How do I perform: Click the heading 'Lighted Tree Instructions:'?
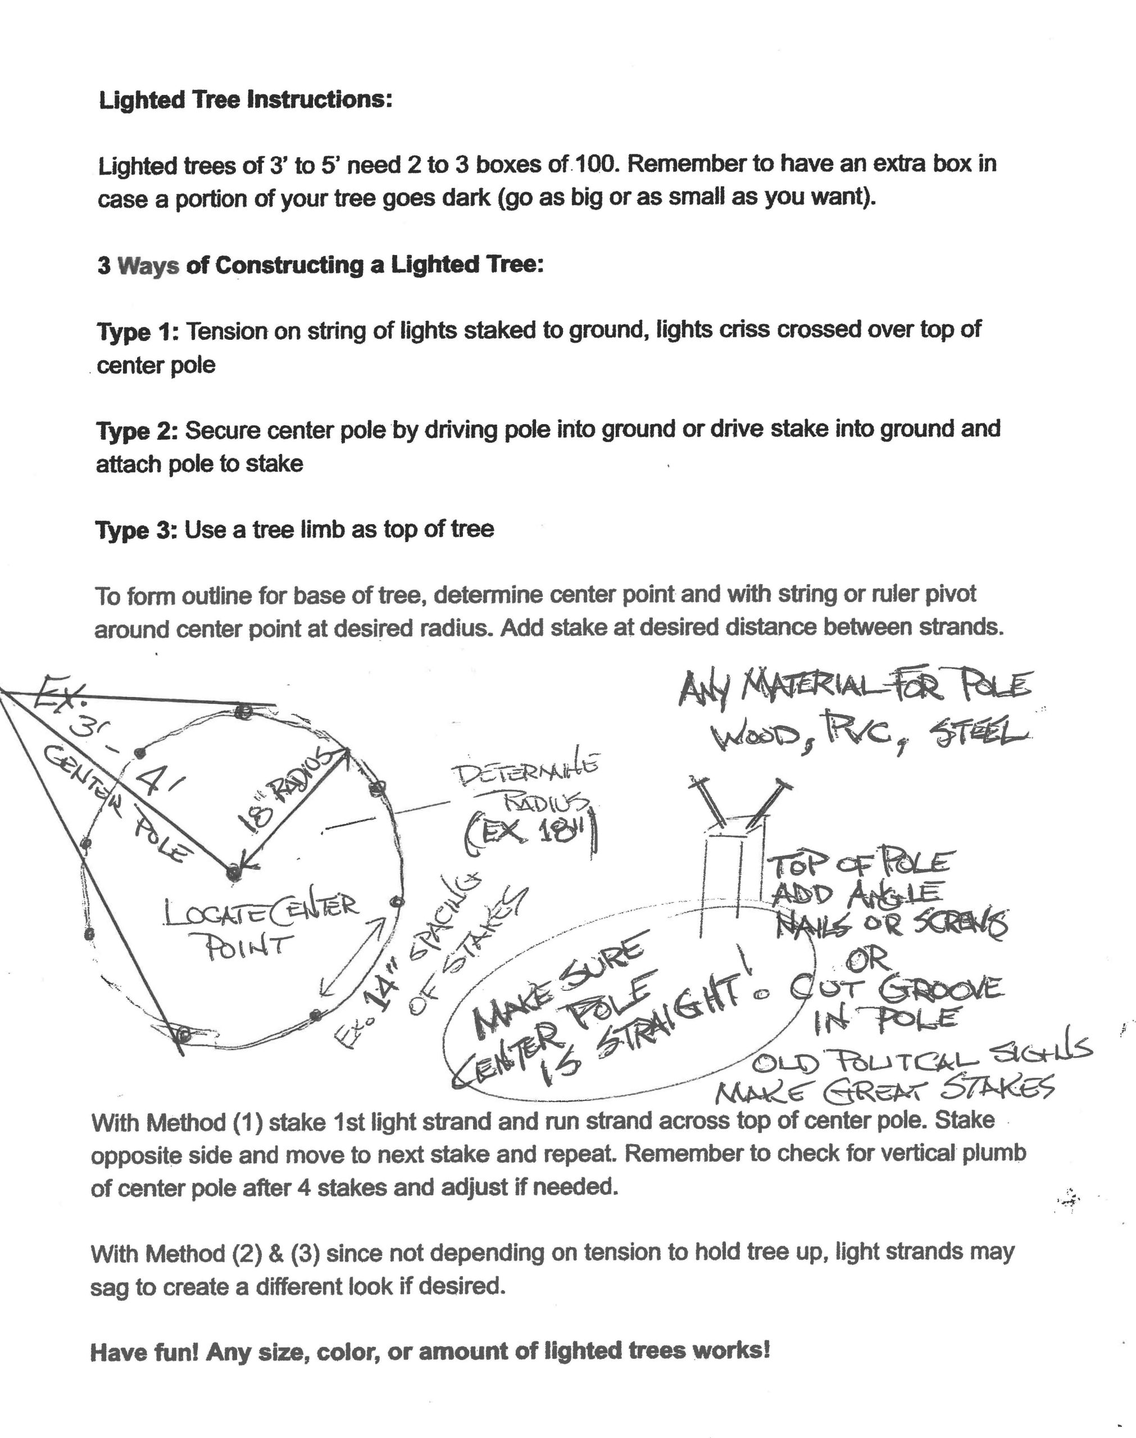tap(246, 100)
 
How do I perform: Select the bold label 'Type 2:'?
tap(137, 431)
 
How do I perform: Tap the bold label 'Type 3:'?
tap(137, 530)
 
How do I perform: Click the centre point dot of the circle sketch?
tap(232, 873)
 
